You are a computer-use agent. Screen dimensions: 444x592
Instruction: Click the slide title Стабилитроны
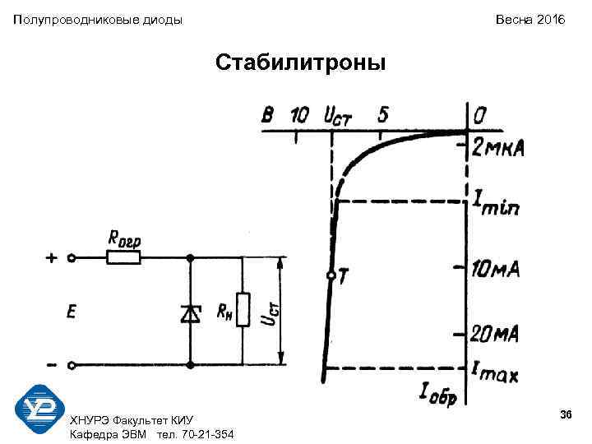[299, 62]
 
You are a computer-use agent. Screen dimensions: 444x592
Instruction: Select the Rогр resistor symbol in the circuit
[123, 257]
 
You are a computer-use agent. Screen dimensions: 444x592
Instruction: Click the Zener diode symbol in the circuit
[191, 312]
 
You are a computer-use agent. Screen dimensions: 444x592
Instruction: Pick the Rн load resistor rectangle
[243, 310]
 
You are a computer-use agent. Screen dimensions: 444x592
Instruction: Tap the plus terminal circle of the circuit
[72, 257]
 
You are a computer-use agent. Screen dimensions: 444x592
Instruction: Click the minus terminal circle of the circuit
[72, 365]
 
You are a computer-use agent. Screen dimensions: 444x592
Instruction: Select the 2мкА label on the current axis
[498, 149]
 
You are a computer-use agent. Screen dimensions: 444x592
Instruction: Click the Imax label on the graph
[495, 372]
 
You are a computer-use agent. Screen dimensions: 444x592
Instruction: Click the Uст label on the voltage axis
[337, 115]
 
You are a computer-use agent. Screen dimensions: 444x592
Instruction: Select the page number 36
[565, 414]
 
